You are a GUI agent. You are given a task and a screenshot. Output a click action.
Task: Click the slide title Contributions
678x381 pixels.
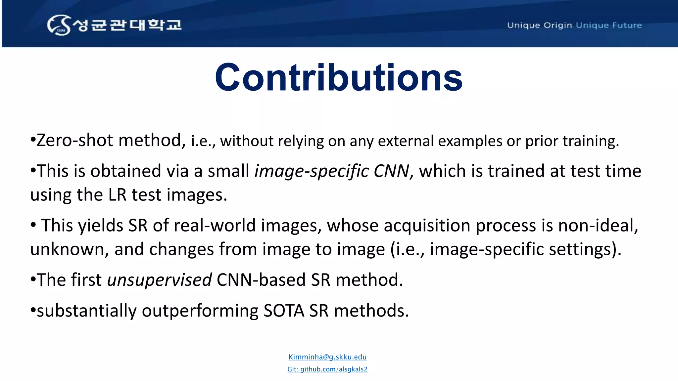339,78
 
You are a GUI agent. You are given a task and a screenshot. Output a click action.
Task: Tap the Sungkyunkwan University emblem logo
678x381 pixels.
59,25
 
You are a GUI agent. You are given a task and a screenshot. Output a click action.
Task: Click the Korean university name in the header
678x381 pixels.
127,25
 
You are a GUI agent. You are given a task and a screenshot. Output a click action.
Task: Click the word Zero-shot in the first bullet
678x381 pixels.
75,140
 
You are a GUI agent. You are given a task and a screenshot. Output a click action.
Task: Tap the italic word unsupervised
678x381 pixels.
160,280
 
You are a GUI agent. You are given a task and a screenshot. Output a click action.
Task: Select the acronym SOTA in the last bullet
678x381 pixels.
284,311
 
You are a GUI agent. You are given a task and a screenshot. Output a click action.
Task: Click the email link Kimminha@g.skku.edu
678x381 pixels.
327,357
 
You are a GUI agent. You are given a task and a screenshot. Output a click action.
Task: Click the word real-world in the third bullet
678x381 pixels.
215,226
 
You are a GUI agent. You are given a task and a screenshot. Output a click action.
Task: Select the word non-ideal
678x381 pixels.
598,226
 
